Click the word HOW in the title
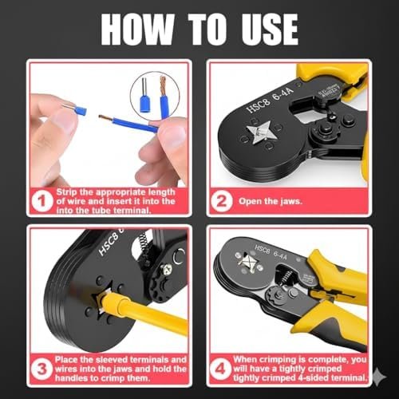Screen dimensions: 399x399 138,30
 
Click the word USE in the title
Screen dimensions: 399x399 270,30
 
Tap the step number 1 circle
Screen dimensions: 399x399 41,201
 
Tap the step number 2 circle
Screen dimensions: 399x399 222,201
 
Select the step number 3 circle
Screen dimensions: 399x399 41,369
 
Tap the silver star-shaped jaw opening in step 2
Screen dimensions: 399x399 259,132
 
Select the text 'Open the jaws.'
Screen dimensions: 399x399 271,201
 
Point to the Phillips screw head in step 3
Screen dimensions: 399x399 168,269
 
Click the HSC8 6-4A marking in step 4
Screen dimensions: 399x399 271,252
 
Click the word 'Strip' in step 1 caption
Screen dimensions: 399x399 66,192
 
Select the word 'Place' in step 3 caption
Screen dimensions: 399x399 66,360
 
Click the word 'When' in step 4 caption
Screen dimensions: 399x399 245,360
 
